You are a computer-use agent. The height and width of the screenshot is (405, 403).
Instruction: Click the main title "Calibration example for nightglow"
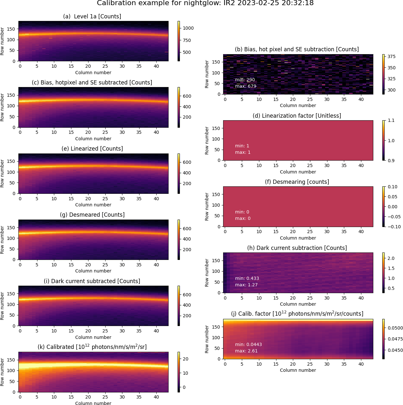205,3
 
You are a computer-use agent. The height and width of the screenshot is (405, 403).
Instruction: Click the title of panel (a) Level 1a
92,16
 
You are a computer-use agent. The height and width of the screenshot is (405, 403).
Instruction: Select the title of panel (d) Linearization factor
297,116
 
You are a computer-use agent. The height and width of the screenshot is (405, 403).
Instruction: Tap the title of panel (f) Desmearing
297,182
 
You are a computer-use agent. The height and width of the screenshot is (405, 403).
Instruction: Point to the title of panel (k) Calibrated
92,347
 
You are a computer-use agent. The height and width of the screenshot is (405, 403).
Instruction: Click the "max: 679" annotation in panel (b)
245,86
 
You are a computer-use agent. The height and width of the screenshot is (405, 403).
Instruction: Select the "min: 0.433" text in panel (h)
247,278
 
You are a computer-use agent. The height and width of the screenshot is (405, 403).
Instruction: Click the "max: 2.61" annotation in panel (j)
246,351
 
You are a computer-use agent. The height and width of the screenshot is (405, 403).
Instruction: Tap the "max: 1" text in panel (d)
243,152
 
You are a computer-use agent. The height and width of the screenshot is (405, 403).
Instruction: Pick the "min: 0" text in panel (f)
242,212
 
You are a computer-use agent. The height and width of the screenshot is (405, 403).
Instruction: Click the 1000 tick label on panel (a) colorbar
188,28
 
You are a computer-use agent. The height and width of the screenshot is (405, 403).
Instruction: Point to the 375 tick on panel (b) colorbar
391,56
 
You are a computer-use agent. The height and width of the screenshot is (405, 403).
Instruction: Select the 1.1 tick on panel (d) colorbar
391,120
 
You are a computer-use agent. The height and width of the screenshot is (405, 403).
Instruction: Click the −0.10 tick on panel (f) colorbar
394,227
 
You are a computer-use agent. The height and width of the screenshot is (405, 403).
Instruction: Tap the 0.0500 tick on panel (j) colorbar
395,328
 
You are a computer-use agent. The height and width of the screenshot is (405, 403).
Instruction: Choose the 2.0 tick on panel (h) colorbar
391,258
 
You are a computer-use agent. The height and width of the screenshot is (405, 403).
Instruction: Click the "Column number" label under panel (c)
93,139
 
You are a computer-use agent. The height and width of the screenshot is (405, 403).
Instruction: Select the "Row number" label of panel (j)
207,339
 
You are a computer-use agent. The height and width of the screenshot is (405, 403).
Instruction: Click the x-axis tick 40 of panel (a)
156,66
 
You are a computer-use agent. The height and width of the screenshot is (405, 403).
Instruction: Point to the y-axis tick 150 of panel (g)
11,227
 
